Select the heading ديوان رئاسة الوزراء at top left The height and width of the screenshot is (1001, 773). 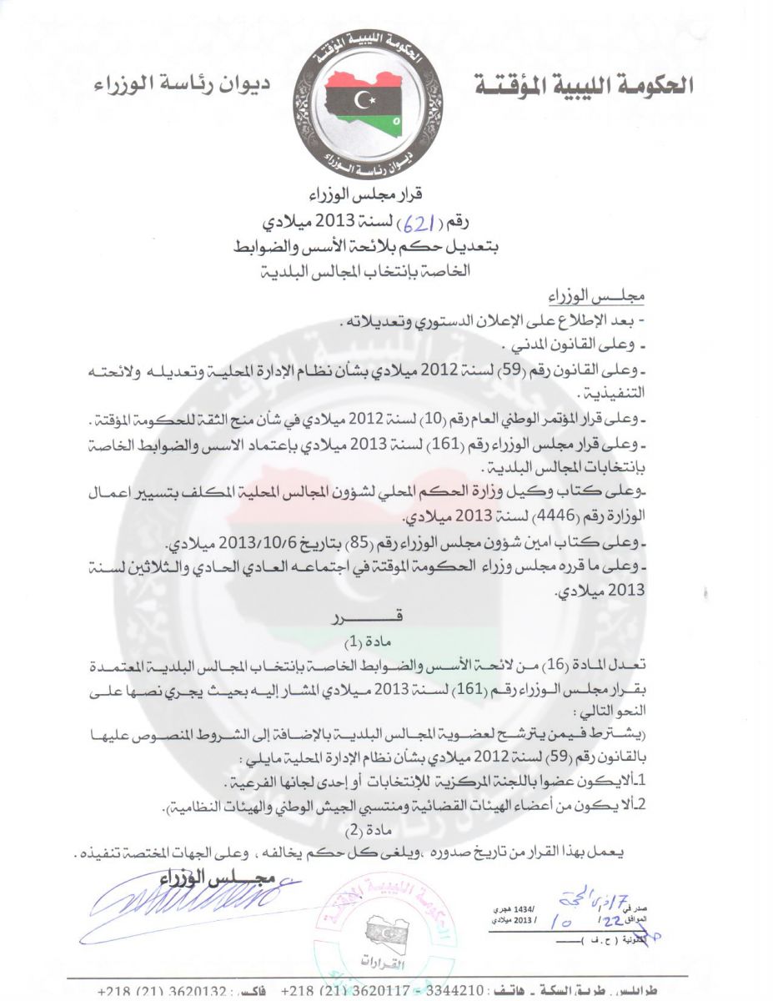click(180, 85)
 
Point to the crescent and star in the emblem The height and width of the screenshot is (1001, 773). click(364, 100)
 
